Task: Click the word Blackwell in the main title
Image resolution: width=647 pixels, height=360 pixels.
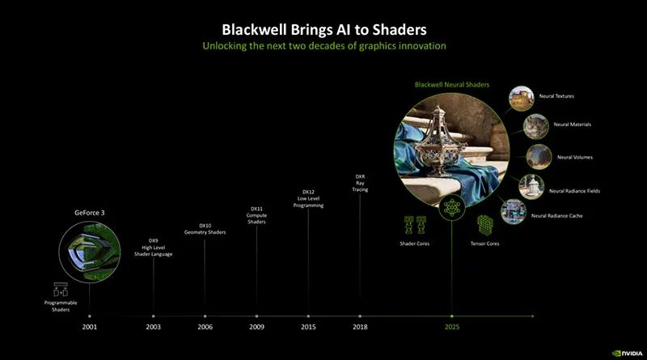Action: click(x=256, y=30)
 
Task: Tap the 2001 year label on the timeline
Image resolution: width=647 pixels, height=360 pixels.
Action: click(x=90, y=327)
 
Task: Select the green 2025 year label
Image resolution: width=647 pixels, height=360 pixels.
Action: click(x=452, y=327)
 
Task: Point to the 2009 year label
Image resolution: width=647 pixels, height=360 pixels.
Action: click(x=256, y=327)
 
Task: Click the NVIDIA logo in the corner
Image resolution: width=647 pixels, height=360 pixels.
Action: click(x=628, y=354)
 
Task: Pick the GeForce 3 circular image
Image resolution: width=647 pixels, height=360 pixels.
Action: click(x=90, y=252)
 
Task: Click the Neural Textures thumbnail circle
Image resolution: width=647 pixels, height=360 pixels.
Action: click(x=521, y=98)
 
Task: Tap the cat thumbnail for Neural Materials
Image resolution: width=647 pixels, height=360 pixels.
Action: click(x=536, y=126)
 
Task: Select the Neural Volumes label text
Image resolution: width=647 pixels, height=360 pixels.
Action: click(x=575, y=157)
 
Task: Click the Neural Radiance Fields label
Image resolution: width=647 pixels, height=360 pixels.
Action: click(x=574, y=191)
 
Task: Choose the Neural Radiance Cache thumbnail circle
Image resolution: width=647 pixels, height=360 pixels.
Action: click(x=514, y=212)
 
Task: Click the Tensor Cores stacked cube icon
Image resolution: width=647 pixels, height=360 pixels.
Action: click(x=484, y=226)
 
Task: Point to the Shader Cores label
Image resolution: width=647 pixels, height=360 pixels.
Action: click(x=414, y=244)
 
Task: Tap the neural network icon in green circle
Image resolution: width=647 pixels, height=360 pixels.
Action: click(x=452, y=207)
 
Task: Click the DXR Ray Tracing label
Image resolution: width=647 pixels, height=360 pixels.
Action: click(x=360, y=183)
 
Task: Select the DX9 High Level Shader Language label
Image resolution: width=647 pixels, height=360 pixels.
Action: click(x=153, y=248)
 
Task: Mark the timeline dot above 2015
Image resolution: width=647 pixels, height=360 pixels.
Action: click(x=308, y=316)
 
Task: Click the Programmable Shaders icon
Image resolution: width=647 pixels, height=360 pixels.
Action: click(x=61, y=290)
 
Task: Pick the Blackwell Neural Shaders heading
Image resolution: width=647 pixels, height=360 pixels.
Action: click(x=452, y=85)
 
